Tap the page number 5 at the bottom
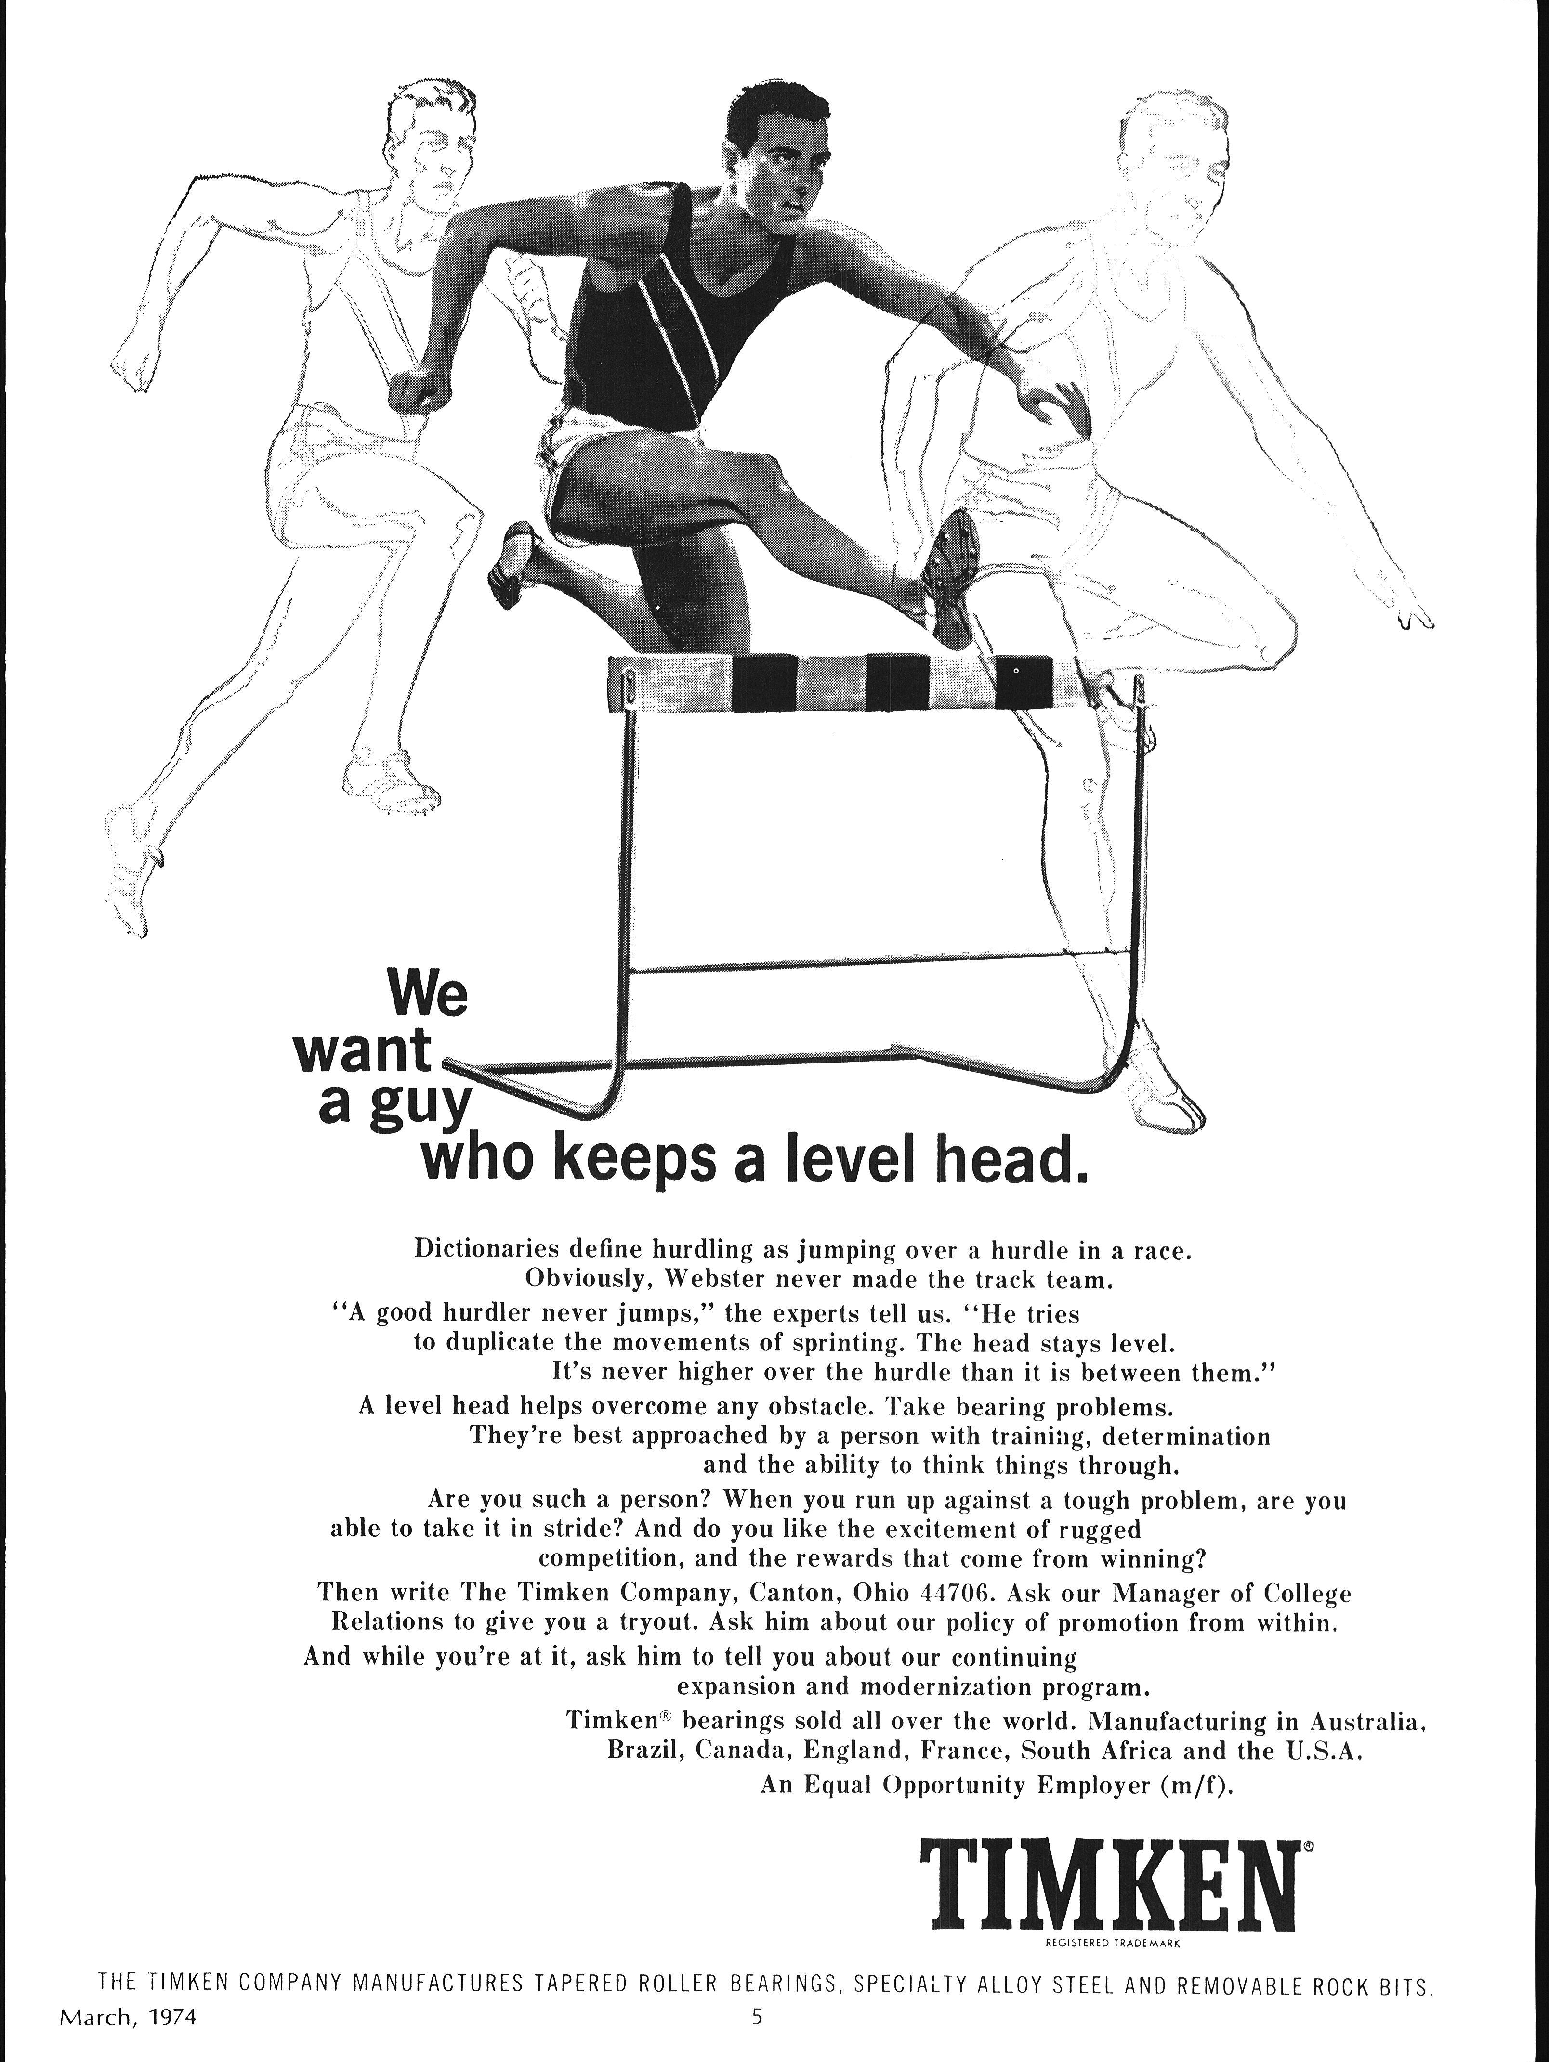click(757, 2036)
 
